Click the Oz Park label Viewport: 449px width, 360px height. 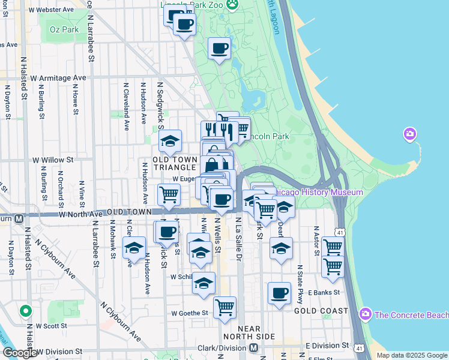(x=64, y=29)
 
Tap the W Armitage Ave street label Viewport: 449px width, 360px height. (x=58, y=78)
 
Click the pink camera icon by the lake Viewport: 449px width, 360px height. (x=410, y=133)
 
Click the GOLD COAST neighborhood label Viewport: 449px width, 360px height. (x=321, y=311)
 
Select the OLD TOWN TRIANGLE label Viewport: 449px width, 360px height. (x=175, y=163)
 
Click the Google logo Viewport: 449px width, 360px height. (x=20, y=353)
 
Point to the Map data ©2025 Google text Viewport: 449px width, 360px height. (x=412, y=355)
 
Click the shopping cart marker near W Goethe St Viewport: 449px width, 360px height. (x=224, y=307)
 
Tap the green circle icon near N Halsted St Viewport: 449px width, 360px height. (x=25, y=311)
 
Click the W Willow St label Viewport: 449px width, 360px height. (x=53, y=160)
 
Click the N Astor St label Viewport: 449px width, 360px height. (x=316, y=241)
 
